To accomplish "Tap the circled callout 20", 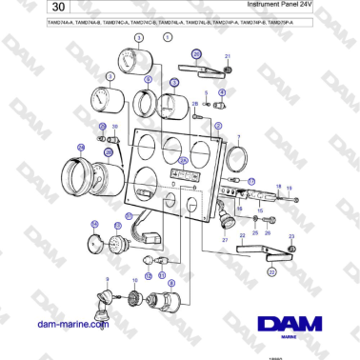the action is point(196,55).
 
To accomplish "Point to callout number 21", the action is point(228,58).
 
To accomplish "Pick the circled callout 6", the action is point(149,81).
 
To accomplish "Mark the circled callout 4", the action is point(221,92).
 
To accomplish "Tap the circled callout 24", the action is point(81,147).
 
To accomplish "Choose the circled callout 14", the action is point(94,225).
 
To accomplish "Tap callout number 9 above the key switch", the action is point(108,278).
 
